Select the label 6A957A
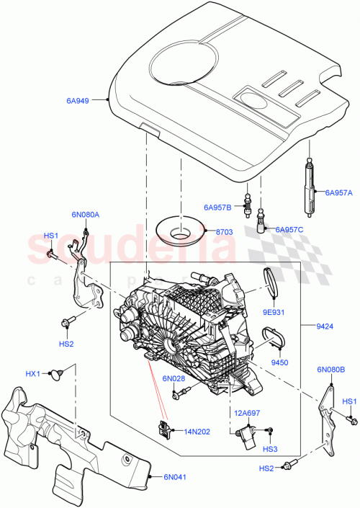coord(338,192)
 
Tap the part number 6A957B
coord(217,208)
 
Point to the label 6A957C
coord(289,229)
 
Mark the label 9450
coord(279,362)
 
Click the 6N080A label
coord(86,214)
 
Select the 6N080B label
coord(330,370)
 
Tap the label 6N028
coord(174,378)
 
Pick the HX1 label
coord(32,373)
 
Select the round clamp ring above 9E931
coord(271,280)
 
